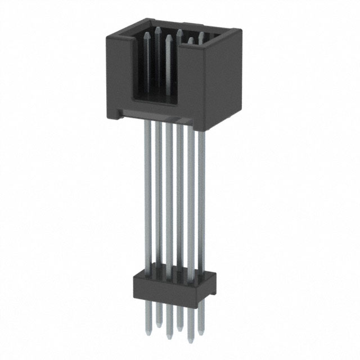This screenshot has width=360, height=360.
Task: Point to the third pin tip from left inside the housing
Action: [168, 35]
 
